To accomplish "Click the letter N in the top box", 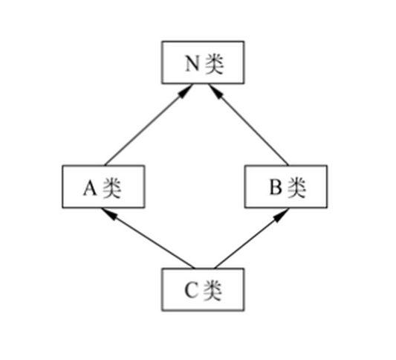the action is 192,63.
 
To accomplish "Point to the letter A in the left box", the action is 90,188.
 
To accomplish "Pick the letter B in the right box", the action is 276,187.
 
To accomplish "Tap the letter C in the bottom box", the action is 191,290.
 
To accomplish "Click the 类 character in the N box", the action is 215,64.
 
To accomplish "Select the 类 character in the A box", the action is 112,188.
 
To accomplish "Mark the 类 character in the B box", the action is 297,187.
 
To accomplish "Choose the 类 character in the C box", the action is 213,291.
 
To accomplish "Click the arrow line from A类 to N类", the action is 149,125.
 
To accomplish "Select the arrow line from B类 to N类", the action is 248,125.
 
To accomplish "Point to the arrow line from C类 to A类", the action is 148,238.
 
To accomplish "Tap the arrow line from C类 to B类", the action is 252,238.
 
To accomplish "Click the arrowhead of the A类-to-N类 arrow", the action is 186,90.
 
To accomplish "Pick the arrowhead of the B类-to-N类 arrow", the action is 215,91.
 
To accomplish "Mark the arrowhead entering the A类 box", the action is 109,213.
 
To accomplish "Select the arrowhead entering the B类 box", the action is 282,214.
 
